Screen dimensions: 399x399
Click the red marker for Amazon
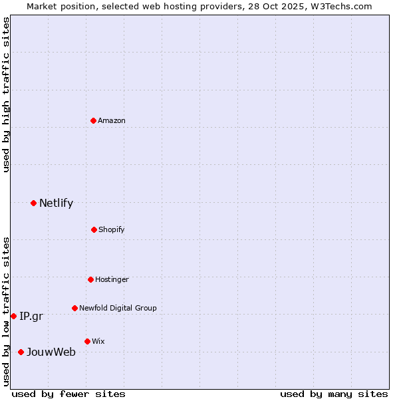93,120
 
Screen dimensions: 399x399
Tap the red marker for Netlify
33,203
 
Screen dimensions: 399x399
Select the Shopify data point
94,229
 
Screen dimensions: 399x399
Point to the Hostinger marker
90,279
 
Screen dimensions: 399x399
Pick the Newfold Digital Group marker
74,308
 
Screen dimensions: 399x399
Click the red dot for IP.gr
13,316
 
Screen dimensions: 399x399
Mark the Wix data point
87,341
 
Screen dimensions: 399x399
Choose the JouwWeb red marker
21,352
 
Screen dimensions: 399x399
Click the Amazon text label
112,120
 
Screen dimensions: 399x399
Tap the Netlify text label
56,203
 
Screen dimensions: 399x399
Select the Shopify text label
112,229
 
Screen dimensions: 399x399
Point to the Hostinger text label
112,279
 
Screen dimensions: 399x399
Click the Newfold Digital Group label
118,308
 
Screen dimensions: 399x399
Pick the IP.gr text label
31,317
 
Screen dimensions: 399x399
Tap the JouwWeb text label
51,352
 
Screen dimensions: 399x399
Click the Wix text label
98,341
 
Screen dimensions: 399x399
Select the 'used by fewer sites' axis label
68,394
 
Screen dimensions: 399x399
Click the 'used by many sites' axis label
334,394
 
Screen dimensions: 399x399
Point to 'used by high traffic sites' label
6,94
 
